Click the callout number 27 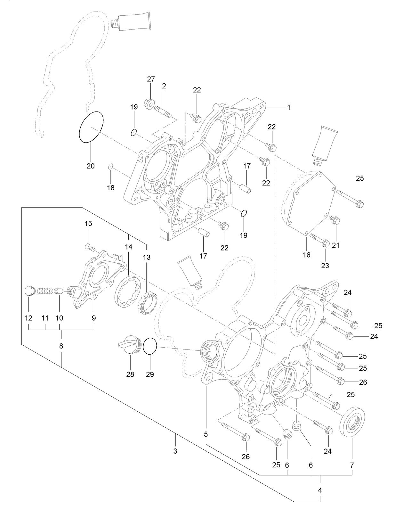pyautogui.click(x=151, y=79)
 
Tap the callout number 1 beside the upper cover pyautogui.click(x=288, y=108)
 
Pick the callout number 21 pyautogui.click(x=335, y=245)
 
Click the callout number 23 pyautogui.click(x=325, y=266)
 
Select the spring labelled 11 pyautogui.click(x=44, y=291)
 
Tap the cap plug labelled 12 pyautogui.click(x=29, y=291)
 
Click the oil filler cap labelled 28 pyautogui.click(x=130, y=344)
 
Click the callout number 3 pyautogui.click(x=175, y=451)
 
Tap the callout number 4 pyautogui.click(x=320, y=490)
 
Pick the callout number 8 pyautogui.click(x=61, y=346)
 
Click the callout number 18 pyautogui.click(x=110, y=188)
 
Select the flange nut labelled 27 pyautogui.click(x=149, y=103)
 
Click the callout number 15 pyautogui.click(x=88, y=223)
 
